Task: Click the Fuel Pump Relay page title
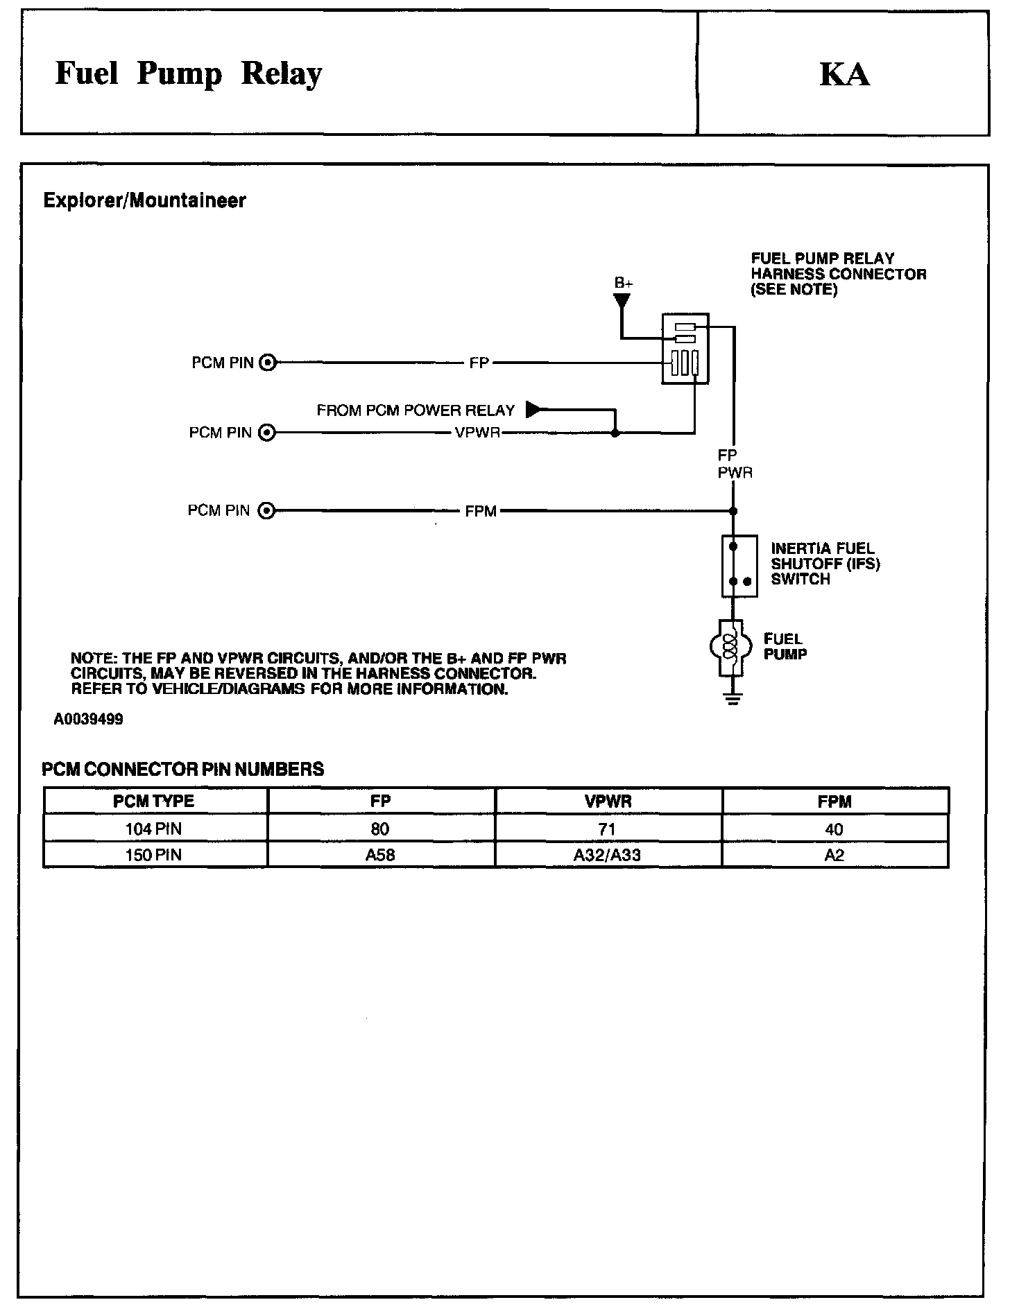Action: pyautogui.click(x=188, y=74)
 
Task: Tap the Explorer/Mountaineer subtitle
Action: pyautogui.click(x=144, y=201)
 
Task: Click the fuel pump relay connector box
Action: pyautogui.click(x=685, y=348)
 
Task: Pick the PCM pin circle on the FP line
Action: pyautogui.click(x=268, y=363)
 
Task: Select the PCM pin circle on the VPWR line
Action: pyautogui.click(x=266, y=433)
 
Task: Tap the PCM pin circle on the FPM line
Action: pyautogui.click(x=266, y=512)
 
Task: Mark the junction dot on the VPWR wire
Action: pyautogui.click(x=615, y=434)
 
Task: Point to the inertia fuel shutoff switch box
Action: pyautogui.click(x=739, y=566)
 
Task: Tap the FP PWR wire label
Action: pyautogui.click(x=734, y=465)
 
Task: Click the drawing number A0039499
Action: pyautogui.click(x=88, y=720)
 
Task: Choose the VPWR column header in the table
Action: pyautogui.click(x=608, y=801)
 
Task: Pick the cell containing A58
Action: pyautogui.click(x=380, y=855)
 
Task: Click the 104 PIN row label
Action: pyautogui.click(x=154, y=829)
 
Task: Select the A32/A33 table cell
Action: pyautogui.click(x=607, y=855)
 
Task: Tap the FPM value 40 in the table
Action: pyautogui.click(x=834, y=829)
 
